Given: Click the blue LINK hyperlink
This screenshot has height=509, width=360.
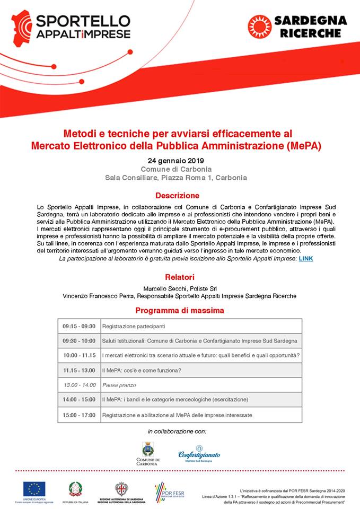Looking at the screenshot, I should click(306, 258).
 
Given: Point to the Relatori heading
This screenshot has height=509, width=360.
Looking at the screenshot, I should click(179, 277).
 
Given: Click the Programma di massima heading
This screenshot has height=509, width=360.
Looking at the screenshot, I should click(179, 310).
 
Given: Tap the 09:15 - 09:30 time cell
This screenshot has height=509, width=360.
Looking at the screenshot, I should click(79, 326).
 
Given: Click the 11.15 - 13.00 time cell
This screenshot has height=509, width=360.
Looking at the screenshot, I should click(79, 370).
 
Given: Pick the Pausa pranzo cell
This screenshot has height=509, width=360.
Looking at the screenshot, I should click(119, 385).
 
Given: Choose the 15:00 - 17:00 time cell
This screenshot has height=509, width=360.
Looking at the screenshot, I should click(79, 415).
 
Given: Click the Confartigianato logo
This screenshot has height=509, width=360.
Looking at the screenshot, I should click(199, 453).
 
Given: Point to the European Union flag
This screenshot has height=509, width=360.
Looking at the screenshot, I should click(34, 488).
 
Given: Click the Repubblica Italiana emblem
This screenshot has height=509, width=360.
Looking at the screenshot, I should click(75, 488).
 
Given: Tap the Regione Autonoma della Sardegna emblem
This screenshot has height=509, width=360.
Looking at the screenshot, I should click(122, 489).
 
